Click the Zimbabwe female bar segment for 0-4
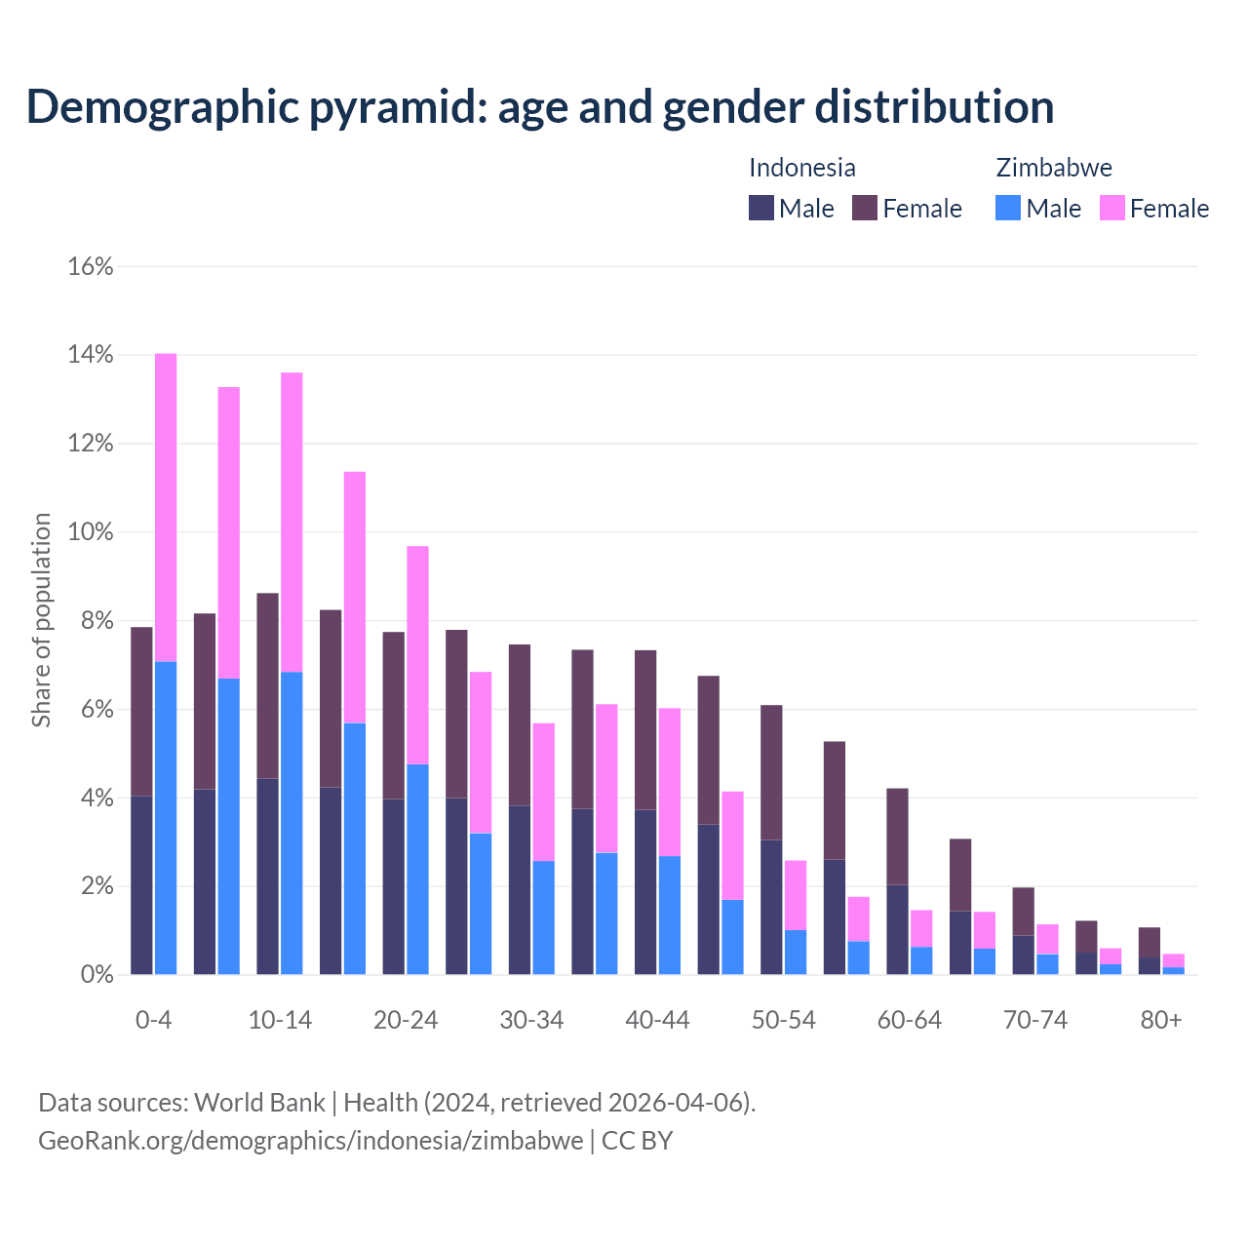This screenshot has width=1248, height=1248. point(166,507)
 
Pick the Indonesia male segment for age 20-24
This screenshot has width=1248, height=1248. point(393,886)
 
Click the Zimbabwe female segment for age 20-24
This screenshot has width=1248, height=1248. point(417,654)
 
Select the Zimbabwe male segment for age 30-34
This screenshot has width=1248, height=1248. point(543,917)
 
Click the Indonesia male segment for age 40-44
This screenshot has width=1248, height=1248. point(645,891)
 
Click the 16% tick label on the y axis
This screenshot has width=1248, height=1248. point(91,266)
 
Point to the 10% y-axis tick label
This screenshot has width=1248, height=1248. point(91,532)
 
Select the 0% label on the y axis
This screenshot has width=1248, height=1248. point(97,975)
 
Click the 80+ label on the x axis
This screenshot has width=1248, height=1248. point(1161,1020)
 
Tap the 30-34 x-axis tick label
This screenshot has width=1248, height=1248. point(531,1020)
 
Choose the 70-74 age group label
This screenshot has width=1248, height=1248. point(1035,1020)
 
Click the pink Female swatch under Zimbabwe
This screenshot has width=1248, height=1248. point(1111,208)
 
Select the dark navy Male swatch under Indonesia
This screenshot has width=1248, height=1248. point(761,208)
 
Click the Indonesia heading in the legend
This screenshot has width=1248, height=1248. point(802,168)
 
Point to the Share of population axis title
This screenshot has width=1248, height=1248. point(41,620)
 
